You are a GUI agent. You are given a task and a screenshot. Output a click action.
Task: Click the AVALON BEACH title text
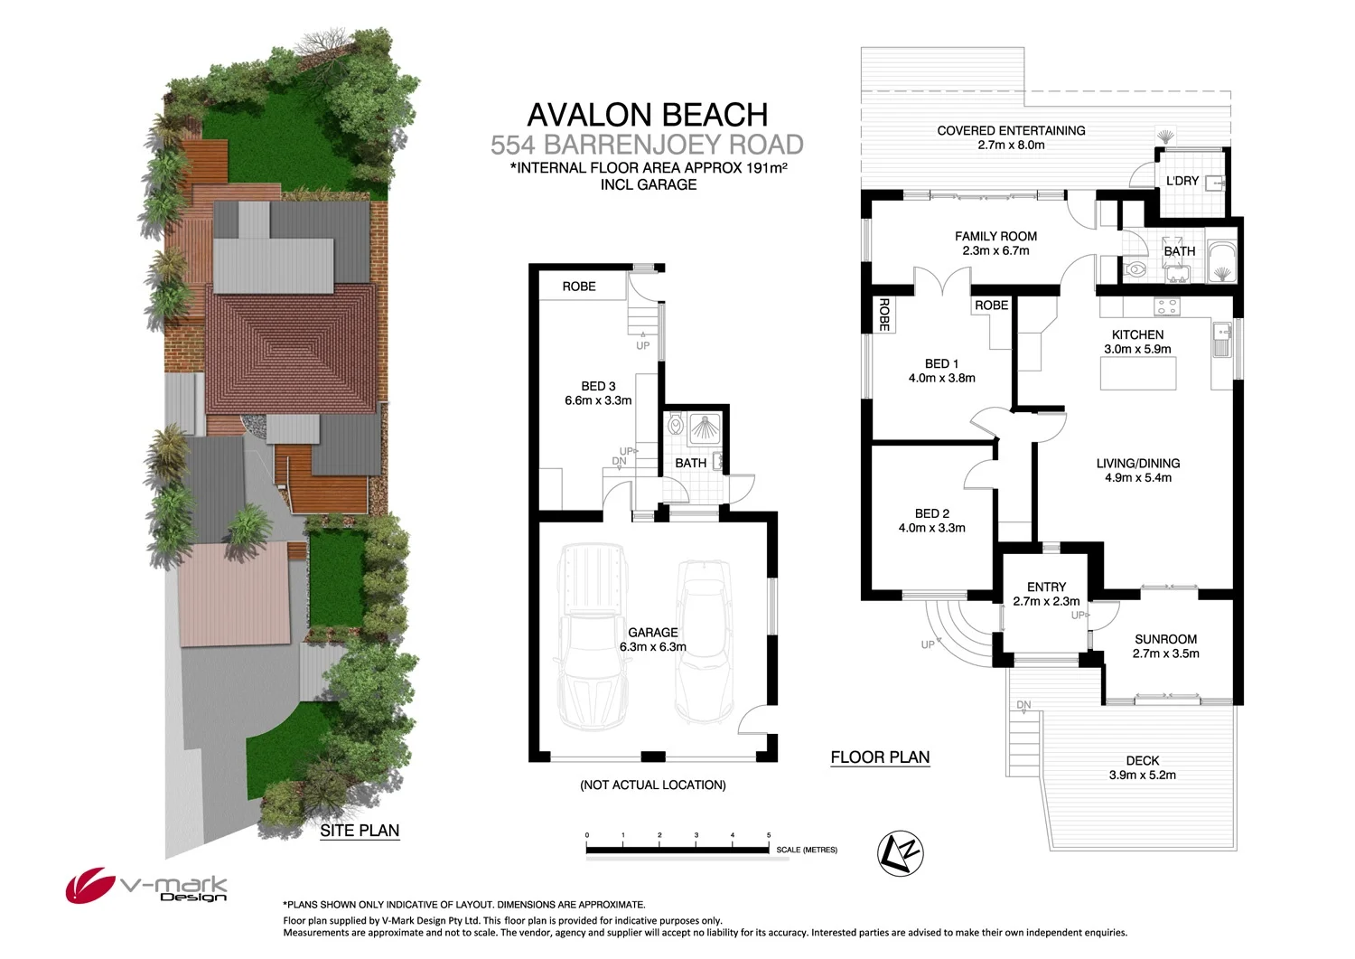point(647,115)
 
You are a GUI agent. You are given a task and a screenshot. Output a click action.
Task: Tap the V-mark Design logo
point(146,886)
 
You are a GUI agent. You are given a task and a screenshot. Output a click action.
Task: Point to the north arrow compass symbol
point(901,853)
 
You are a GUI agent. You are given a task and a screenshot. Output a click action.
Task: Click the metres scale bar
point(677,849)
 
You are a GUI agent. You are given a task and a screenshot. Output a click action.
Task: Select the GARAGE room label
point(652,633)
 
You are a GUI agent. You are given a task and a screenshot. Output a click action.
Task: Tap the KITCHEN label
point(1137,334)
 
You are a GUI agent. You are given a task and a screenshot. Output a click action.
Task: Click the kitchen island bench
point(1137,372)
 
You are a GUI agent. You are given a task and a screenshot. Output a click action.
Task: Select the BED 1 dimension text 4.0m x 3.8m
point(941,378)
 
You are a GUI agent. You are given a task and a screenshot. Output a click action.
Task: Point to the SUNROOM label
point(1165,639)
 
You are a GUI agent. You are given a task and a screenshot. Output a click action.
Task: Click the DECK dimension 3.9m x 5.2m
point(1142,775)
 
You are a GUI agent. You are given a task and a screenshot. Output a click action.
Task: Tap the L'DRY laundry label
point(1182,181)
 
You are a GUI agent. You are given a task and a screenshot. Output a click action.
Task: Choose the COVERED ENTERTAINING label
point(1011,131)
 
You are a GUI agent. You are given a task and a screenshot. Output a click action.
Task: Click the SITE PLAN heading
point(360,831)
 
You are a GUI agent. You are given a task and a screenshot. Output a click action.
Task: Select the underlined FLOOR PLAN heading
point(880,757)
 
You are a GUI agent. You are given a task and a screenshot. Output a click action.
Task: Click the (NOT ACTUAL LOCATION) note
point(652,785)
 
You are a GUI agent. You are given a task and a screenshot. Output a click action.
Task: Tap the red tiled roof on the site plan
point(291,348)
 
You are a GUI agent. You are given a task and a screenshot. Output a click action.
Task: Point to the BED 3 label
point(598,386)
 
